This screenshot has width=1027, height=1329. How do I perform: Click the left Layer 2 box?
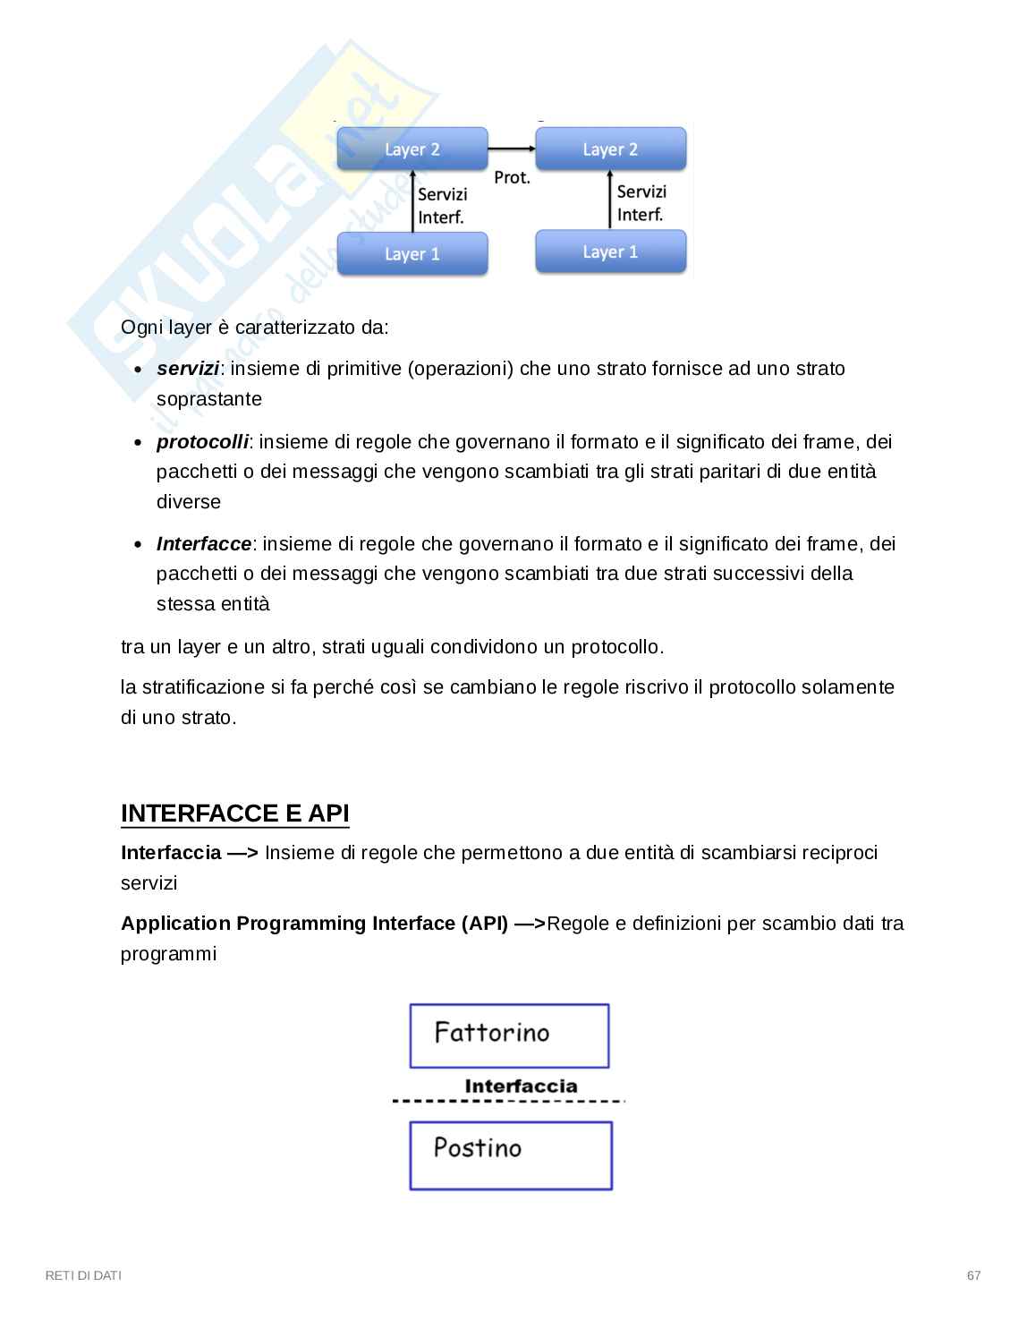(x=412, y=149)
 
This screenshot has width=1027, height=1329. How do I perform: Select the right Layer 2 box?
(x=610, y=149)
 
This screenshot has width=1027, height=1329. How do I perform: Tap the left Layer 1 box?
(x=412, y=254)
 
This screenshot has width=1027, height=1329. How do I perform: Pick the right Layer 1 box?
(x=610, y=252)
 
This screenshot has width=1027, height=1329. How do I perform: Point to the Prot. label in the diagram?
(x=512, y=178)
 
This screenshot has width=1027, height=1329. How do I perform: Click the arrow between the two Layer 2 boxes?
(x=511, y=149)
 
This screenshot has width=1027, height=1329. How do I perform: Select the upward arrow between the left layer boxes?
(x=414, y=202)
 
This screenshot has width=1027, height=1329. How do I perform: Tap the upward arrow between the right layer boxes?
(x=612, y=200)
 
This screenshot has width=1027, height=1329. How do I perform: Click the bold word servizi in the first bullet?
(x=188, y=369)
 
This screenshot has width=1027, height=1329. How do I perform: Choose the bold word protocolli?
(x=202, y=442)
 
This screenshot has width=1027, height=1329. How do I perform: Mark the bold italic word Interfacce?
(x=204, y=544)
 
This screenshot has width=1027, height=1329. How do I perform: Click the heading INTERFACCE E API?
(x=234, y=814)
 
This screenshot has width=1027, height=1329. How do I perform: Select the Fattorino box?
(x=509, y=1035)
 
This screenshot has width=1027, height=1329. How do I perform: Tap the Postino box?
(x=511, y=1155)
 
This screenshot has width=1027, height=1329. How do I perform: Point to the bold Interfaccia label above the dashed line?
(x=521, y=1086)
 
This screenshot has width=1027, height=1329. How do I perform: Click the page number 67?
(x=973, y=1275)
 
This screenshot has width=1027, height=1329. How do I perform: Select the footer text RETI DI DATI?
(x=83, y=1275)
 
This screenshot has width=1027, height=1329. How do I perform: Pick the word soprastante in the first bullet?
(x=209, y=399)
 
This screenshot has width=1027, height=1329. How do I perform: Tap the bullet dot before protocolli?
(x=138, y=443)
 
